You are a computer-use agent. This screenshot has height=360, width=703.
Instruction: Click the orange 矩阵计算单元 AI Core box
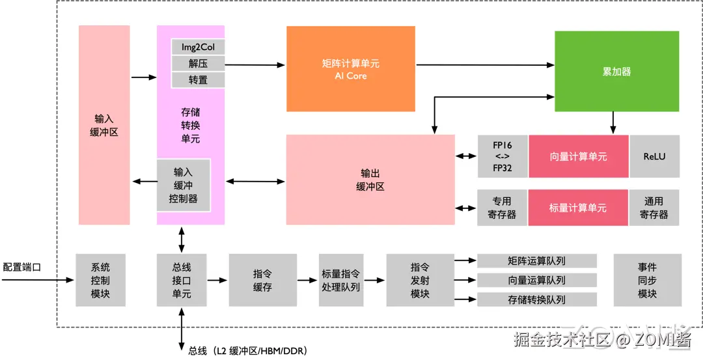[x=350, y=69]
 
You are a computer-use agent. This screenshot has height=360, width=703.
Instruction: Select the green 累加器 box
[x=616, y=71]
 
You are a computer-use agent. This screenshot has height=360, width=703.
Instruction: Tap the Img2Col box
[x=198, y=47]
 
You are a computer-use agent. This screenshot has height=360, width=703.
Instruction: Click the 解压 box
[x=198, y=63]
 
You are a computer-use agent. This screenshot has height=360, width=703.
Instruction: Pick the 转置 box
[x=198, y=79]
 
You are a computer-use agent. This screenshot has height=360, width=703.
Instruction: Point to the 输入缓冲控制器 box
[x=183, y=186]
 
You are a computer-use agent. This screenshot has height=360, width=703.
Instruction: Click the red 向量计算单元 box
[x=578, y=156]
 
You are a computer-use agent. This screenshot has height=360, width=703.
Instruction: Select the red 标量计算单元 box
[x=578, y=208]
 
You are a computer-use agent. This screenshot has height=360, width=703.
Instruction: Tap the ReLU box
[x=654, y=156]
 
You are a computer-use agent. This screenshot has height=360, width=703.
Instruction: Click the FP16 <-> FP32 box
[x=502, y=156]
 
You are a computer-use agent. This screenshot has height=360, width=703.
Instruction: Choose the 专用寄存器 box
[x=502, y=208]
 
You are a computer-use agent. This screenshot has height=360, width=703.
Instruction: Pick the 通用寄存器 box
[x=654, y=208]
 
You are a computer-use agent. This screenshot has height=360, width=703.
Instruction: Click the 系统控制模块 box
[x=100, y=280]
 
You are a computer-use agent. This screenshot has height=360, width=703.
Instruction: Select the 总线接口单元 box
[x=182, y=280]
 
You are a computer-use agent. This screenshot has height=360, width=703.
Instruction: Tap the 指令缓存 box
[x=262, y=280]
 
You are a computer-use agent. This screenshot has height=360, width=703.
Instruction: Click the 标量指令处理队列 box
[x=340, y=280]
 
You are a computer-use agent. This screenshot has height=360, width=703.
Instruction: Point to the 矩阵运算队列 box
[x=537, y=261]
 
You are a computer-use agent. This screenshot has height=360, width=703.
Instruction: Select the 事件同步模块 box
[x=647, y=280]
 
